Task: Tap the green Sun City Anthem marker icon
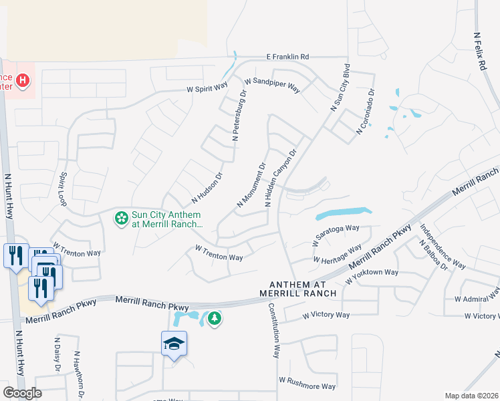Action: pos(121,218)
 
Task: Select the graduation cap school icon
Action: pos(174,344)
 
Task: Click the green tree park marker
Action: pos(214,319)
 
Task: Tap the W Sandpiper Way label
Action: pos(272,82)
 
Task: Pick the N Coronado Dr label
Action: pos(366,112)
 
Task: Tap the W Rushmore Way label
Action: pos(307,383)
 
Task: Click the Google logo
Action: pos(22,393)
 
